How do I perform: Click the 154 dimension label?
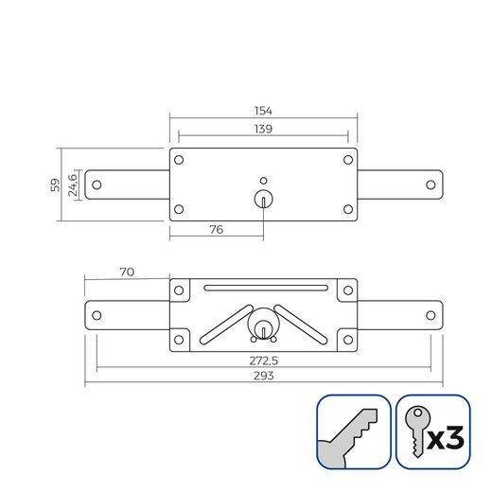263,110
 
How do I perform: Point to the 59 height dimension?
55,184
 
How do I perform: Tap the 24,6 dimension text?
73,184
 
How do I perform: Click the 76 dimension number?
216,229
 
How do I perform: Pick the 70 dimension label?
127,272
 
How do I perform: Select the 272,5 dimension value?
263,361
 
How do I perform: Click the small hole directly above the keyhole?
263,179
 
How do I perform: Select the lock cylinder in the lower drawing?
263,326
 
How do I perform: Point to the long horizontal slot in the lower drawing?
263,289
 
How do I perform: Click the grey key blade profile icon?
353,431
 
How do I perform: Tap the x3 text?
445,438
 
